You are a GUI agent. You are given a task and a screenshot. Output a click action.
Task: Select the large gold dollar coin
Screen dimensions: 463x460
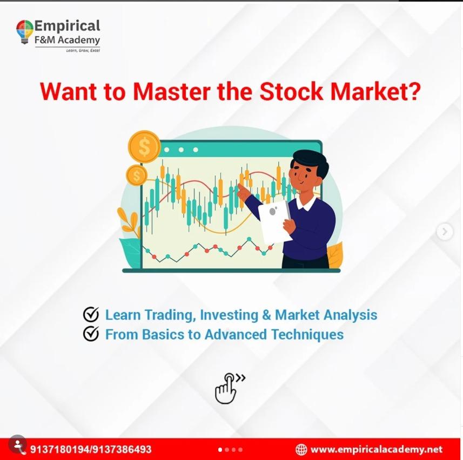pyautogui.click(x=144, y=147)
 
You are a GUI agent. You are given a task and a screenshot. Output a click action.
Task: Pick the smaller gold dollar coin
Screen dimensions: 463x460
pyautogui.click(x=136, y=175)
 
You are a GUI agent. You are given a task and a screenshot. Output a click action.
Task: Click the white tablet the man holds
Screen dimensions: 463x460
pyautogui.click(x=274, y=221)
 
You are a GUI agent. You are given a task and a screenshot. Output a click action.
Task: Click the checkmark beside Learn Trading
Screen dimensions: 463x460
pyautogui.click(x=91, y=314)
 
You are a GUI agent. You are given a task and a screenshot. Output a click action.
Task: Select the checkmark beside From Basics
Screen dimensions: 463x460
pyautogui.click(x=91, y=334)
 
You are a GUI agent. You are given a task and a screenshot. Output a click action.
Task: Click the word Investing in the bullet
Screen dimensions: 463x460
pyautogui.click(x=229, y=315)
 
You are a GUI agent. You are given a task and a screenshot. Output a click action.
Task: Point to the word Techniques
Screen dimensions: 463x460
pyautogui.click(x=307, y=335)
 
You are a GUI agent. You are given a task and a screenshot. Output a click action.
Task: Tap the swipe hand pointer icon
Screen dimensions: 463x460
pyautogui.click(x=227, y=388)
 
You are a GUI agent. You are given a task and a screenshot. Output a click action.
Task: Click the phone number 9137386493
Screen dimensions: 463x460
pyautogui.click(x=121, y=449)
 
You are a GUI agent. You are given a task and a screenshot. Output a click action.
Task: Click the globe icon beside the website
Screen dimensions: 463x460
pyautogui.click(x=301, y=449)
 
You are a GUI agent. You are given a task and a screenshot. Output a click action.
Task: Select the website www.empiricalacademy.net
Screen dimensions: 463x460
pyautogui.click(x=377, y=449)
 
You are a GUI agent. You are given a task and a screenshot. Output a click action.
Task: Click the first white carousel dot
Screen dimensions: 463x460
pyautogui.click(x=220, y=450)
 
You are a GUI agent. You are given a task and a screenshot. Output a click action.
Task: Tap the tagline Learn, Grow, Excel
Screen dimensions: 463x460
pyautogui.click(x=83, y=50)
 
